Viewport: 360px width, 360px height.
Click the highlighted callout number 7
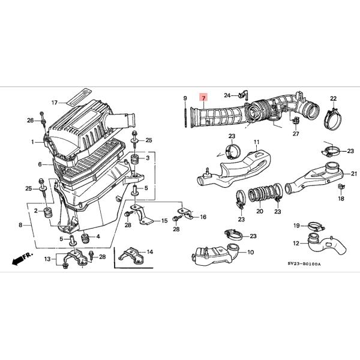tap(203, 98)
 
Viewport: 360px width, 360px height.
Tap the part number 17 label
tap(53, 103)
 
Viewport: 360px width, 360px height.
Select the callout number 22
tap(333, 98)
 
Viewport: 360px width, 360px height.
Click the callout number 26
tap(30, 121)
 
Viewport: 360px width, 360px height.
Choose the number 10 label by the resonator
tap(250, 252)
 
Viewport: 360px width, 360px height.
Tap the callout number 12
tap(295, 243)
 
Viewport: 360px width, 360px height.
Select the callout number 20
tap(259, 211)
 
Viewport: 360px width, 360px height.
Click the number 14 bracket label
tap(149, 252)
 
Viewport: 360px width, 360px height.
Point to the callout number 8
tap(21, 225)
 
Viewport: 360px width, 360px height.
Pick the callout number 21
tap(353, 173)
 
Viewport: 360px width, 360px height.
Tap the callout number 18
tap(340, 198)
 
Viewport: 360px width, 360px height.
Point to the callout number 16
tap(202, 217)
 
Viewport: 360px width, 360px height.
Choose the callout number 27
tap(295, 134)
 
